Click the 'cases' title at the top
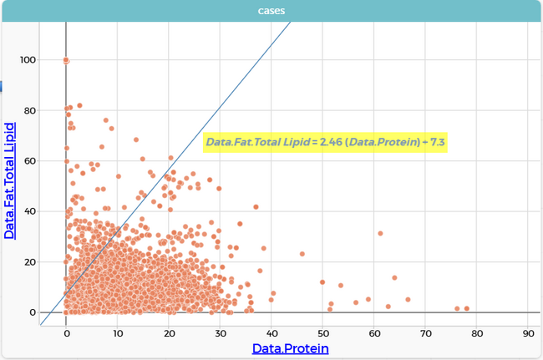coord(271,10)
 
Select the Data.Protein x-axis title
coord(290,348)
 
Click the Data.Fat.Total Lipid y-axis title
coord(10,180)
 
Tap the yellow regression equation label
coord(326,143)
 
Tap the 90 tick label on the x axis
coord(527,333)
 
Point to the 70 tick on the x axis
coord(425,333)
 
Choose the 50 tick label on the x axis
coord(322,333)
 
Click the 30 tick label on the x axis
coord(220,333)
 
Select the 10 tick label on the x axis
coord(117,333)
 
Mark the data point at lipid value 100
coord(66,60)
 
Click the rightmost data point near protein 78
coord(467,308)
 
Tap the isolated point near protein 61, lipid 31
coord(380,234)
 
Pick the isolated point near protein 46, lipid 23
coord(302,254)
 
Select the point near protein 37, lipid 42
coord(256,206)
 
